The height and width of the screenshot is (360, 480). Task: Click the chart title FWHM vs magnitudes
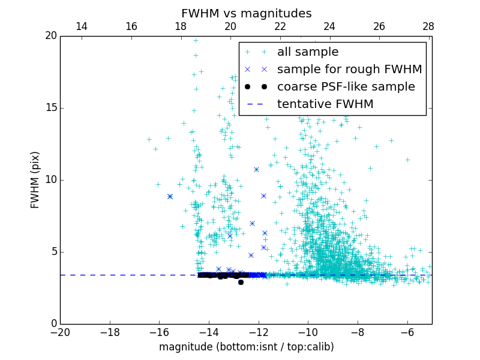(x=246, y=13)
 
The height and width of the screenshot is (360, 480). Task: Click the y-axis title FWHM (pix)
(x=35, y=180)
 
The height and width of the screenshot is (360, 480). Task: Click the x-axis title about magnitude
(x=246, y=347)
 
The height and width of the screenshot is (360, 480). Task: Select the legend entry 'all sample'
(x=307, y=52)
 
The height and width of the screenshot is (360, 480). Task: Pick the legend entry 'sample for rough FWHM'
(x=349, y=70)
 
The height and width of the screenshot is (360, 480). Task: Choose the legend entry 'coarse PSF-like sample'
(x=346, y=87)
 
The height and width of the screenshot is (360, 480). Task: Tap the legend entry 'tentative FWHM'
(x=325, y=104)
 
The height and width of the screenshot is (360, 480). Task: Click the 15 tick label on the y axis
(x=50, y=108)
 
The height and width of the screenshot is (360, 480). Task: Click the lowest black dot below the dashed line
(x=241, y=282)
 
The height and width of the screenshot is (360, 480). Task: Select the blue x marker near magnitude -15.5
(x=170, y=196)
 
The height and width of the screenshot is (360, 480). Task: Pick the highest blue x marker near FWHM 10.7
(x=256, y=169)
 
